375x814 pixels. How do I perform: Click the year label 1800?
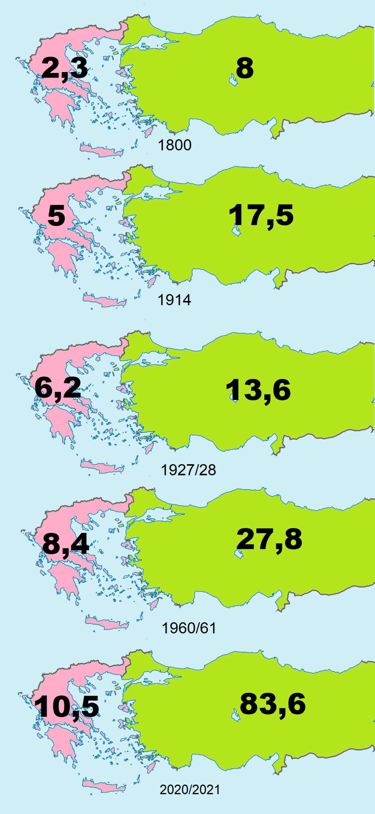click(175, 145)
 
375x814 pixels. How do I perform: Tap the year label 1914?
click(174, 300)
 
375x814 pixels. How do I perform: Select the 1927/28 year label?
click(188, 470)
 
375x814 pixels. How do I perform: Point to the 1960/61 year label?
click(189, 628)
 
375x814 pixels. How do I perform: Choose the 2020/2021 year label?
click(190, 790)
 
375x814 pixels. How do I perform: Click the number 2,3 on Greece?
click(65, 68)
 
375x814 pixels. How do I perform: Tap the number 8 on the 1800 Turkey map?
click(245, 68)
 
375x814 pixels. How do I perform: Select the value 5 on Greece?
click(56, 216)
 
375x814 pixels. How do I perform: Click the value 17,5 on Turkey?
click(261, 215)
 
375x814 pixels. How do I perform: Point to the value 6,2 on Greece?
click(58, 388)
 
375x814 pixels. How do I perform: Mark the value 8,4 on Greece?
click(66, 544)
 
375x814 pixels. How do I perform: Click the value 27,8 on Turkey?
click(269, 539)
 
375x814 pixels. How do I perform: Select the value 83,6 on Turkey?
click(273, 704)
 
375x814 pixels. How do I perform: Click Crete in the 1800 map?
click(101, 150)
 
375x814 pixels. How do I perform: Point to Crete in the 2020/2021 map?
click(103, 786)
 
